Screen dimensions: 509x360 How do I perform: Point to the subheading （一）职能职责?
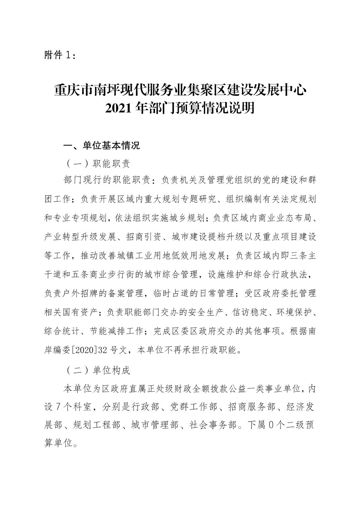pyautogui.click(x=97, y=164)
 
